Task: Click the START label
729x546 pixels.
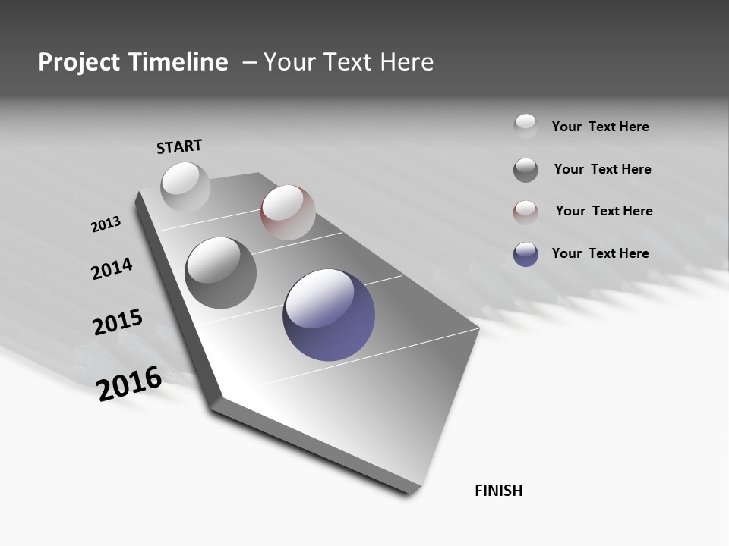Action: pos(179,146)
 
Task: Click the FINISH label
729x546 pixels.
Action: pos(498,491)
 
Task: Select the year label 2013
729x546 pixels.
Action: pos(106,224)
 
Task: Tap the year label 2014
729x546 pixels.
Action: pos(112,269)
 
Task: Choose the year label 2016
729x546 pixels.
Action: pos(129,384)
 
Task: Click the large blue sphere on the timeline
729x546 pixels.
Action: pos(329,315)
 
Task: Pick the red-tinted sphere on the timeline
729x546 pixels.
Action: pos(288,212)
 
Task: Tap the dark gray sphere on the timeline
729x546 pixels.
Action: pos(221,272)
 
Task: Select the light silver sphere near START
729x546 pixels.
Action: pos(185,187)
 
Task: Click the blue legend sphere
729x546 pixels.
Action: pos(525,254)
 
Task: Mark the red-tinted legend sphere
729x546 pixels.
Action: pos(525,212)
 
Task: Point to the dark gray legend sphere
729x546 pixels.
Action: pos(525,170)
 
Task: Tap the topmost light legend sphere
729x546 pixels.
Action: pos(525,127)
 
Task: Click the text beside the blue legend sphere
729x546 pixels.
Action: pos(600,253)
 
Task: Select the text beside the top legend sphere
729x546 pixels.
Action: pos(600,127)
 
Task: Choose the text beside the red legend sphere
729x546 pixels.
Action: pos(604,211)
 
